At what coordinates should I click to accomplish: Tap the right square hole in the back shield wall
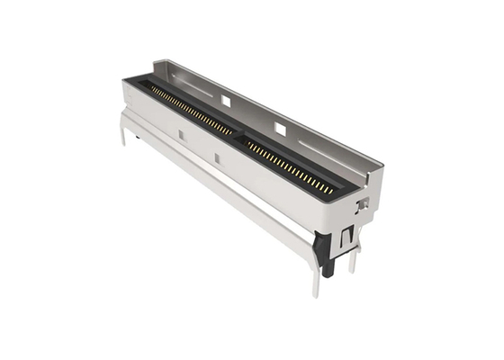click(281, 130)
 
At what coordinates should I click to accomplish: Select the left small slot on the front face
click(180, 135)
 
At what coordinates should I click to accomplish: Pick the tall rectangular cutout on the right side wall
click(346, 236)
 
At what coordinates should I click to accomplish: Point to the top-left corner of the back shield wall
click(155, 61)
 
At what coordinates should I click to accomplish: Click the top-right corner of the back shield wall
click(382, 162)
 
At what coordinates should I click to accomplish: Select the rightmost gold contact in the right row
click(329, 190)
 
